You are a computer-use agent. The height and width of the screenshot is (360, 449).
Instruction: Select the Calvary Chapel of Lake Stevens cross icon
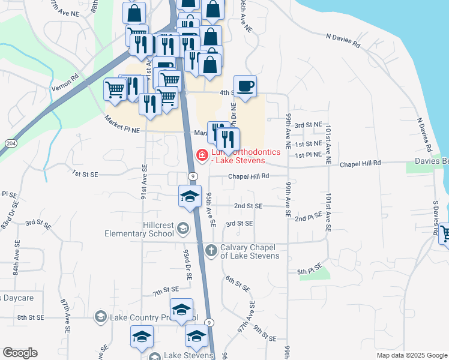(210, 250)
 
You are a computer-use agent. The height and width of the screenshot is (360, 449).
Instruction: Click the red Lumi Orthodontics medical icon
(202, 156)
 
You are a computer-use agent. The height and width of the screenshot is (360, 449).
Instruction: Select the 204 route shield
(11, 143)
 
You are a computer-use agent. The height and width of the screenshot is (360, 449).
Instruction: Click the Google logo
(20, 352)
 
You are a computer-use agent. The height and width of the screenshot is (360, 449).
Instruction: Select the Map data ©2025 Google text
(411, 355)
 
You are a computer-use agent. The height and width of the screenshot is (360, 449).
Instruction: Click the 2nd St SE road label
(248, 206)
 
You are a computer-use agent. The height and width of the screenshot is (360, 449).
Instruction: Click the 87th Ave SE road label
(65, 315)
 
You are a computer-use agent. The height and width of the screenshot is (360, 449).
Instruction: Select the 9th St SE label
(264, 334)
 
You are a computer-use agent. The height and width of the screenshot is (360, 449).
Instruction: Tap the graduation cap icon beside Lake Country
(101, 316)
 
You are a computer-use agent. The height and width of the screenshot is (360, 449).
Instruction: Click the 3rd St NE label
(309, 125)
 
